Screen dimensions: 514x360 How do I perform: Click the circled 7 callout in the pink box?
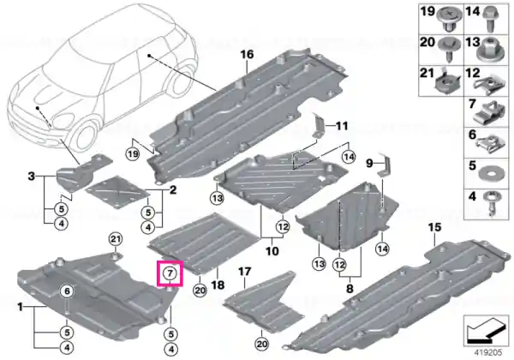[x=170, y=273]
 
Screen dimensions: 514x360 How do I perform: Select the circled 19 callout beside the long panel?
[x=133, y=154]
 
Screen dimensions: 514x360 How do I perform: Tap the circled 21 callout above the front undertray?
[x=116, y=239]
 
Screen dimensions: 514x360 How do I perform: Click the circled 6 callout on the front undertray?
[x=67, y=291]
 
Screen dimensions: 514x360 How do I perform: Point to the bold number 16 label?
[x=248, y=54]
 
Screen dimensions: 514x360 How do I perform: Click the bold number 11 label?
[x=342, y=126]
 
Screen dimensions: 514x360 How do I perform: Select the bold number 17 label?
[x=244, y=272]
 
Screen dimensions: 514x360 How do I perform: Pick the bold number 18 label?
[x=218, y=285]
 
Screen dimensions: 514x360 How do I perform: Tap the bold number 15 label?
[x=434, y=227]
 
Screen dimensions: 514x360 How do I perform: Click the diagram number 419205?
[x=488, y=353]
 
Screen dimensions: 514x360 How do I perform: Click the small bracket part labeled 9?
[x=384, y=167]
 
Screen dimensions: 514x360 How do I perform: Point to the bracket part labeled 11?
[x=319, y=126]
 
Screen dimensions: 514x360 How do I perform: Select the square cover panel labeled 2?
[x=117, y=192]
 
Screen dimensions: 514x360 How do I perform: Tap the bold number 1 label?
[x=21, y=307]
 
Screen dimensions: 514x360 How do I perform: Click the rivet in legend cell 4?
[x=493, y=204]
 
